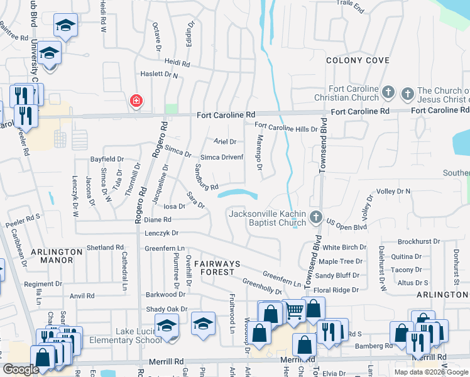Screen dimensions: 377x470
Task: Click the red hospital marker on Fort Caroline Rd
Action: (135, 101)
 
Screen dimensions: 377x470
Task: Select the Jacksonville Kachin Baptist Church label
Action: (268, 218)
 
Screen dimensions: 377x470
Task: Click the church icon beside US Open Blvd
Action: (316, 219)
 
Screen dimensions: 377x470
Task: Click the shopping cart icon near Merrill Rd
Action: (295, 311)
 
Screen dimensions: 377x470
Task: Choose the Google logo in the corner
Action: (21, 369)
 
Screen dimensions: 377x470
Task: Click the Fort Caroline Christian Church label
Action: (347, 93)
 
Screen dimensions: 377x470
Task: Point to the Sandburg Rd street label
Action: (205, 177)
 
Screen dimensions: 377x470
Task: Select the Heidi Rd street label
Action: (177, 63)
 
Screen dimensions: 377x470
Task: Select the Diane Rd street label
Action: (158, 220)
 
